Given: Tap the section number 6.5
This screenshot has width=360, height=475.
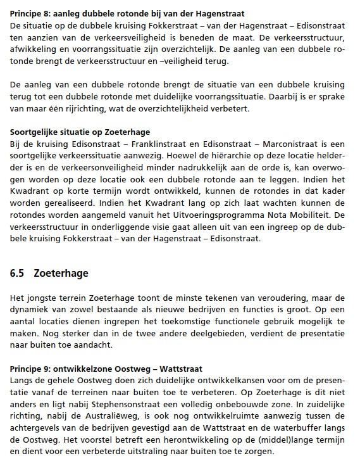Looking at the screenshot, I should pos(18,274).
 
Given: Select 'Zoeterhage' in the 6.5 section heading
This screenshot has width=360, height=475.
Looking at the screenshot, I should pos(61,274).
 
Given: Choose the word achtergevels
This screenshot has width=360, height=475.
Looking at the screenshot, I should pos(37,427).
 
